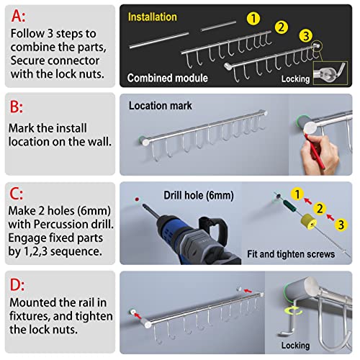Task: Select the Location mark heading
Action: pos(161,105)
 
